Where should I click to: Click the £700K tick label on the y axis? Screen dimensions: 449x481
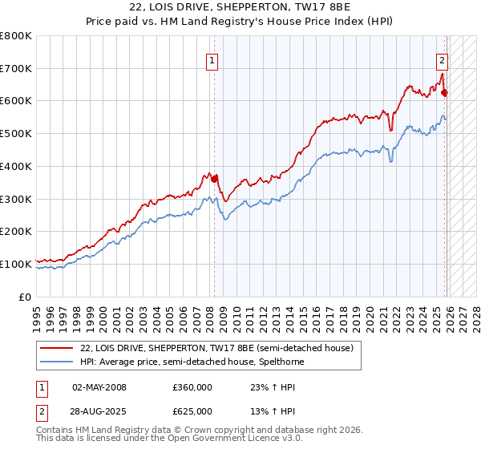(x=16, y=69)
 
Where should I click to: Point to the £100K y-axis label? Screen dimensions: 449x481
(x=16, y=264)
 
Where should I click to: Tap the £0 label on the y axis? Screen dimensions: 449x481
(x=26, y=297)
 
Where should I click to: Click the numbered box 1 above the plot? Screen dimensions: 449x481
(x=212, y=59)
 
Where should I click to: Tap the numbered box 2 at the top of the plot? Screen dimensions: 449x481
(x=442, y=59)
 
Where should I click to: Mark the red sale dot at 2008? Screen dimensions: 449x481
(x=214, y=179)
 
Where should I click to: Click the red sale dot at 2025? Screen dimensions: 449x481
(x=445, y=93)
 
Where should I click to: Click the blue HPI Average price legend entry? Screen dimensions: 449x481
(x=192, y=362)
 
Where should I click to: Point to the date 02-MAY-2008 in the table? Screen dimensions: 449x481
(x=99, y=387)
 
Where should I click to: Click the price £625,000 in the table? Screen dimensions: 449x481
(x=192, y=411)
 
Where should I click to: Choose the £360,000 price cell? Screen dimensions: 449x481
(x=192, y=387)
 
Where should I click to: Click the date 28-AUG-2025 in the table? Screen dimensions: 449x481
(x=99, y=411)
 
